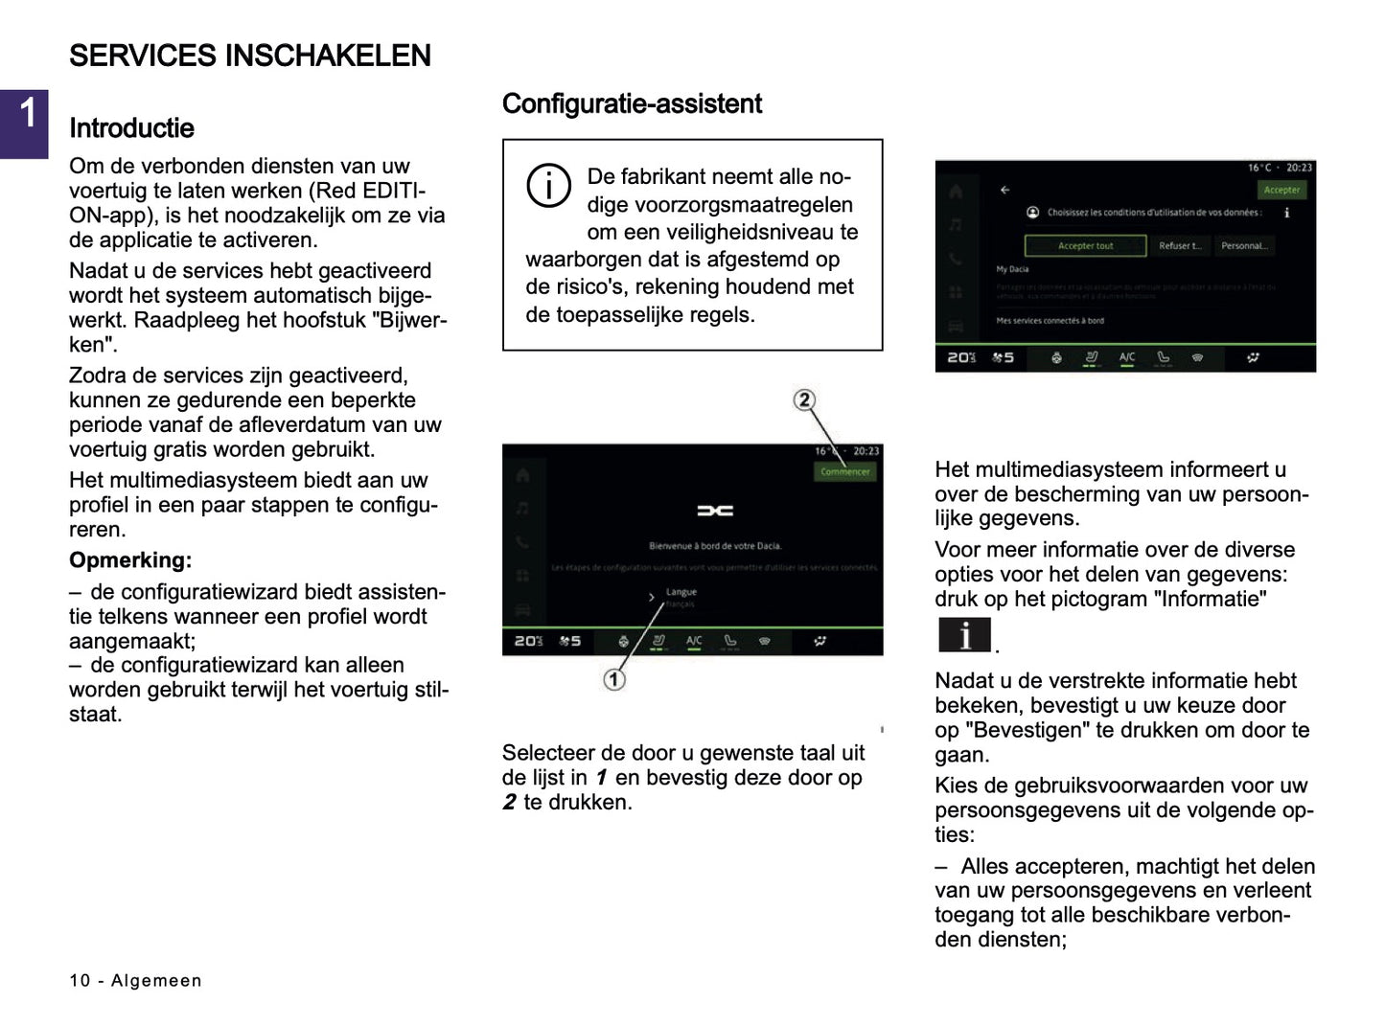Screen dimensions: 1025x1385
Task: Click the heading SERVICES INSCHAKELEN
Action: [249, 56]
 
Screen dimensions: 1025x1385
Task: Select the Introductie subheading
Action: [131, 128]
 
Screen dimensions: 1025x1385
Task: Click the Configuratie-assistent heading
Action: [632, 103]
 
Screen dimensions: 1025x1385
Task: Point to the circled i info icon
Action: [548, 185]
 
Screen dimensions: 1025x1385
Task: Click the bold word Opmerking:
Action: [130, 560]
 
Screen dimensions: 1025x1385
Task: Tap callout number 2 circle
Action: [804, 400]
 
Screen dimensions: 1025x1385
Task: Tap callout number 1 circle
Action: [613, 679]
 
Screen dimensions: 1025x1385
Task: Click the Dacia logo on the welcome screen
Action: [714, 511]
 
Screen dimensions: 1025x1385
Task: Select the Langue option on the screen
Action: [681, 592]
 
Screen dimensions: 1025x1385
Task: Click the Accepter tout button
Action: [1085, 246]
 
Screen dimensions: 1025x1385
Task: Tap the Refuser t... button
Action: [1179, 246]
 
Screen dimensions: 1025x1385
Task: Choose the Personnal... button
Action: [1244, 246]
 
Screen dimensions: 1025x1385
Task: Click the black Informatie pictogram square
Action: [963, 635]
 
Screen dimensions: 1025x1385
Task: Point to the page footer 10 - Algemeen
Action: [135, 980]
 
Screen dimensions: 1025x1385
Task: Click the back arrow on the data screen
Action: [1004, 190]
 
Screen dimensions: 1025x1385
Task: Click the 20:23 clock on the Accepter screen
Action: [1299, 168]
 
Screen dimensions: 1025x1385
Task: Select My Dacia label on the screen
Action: [1012, 269]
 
